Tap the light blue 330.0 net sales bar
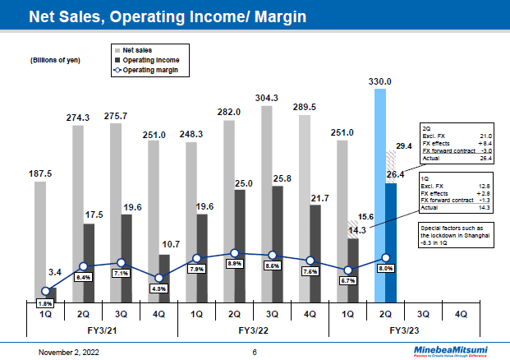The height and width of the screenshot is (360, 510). point(380,197)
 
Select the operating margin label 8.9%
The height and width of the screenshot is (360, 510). point(235,264)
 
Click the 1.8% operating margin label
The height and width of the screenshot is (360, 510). point(46,302)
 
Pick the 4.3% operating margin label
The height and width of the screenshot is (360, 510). point(159,288)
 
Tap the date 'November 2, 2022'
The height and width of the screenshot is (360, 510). point(71,352)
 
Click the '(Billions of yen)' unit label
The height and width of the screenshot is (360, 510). point(55,60)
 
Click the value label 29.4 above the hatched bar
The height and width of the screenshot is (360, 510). point(404,145)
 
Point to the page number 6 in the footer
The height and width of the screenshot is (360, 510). point(255,352)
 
